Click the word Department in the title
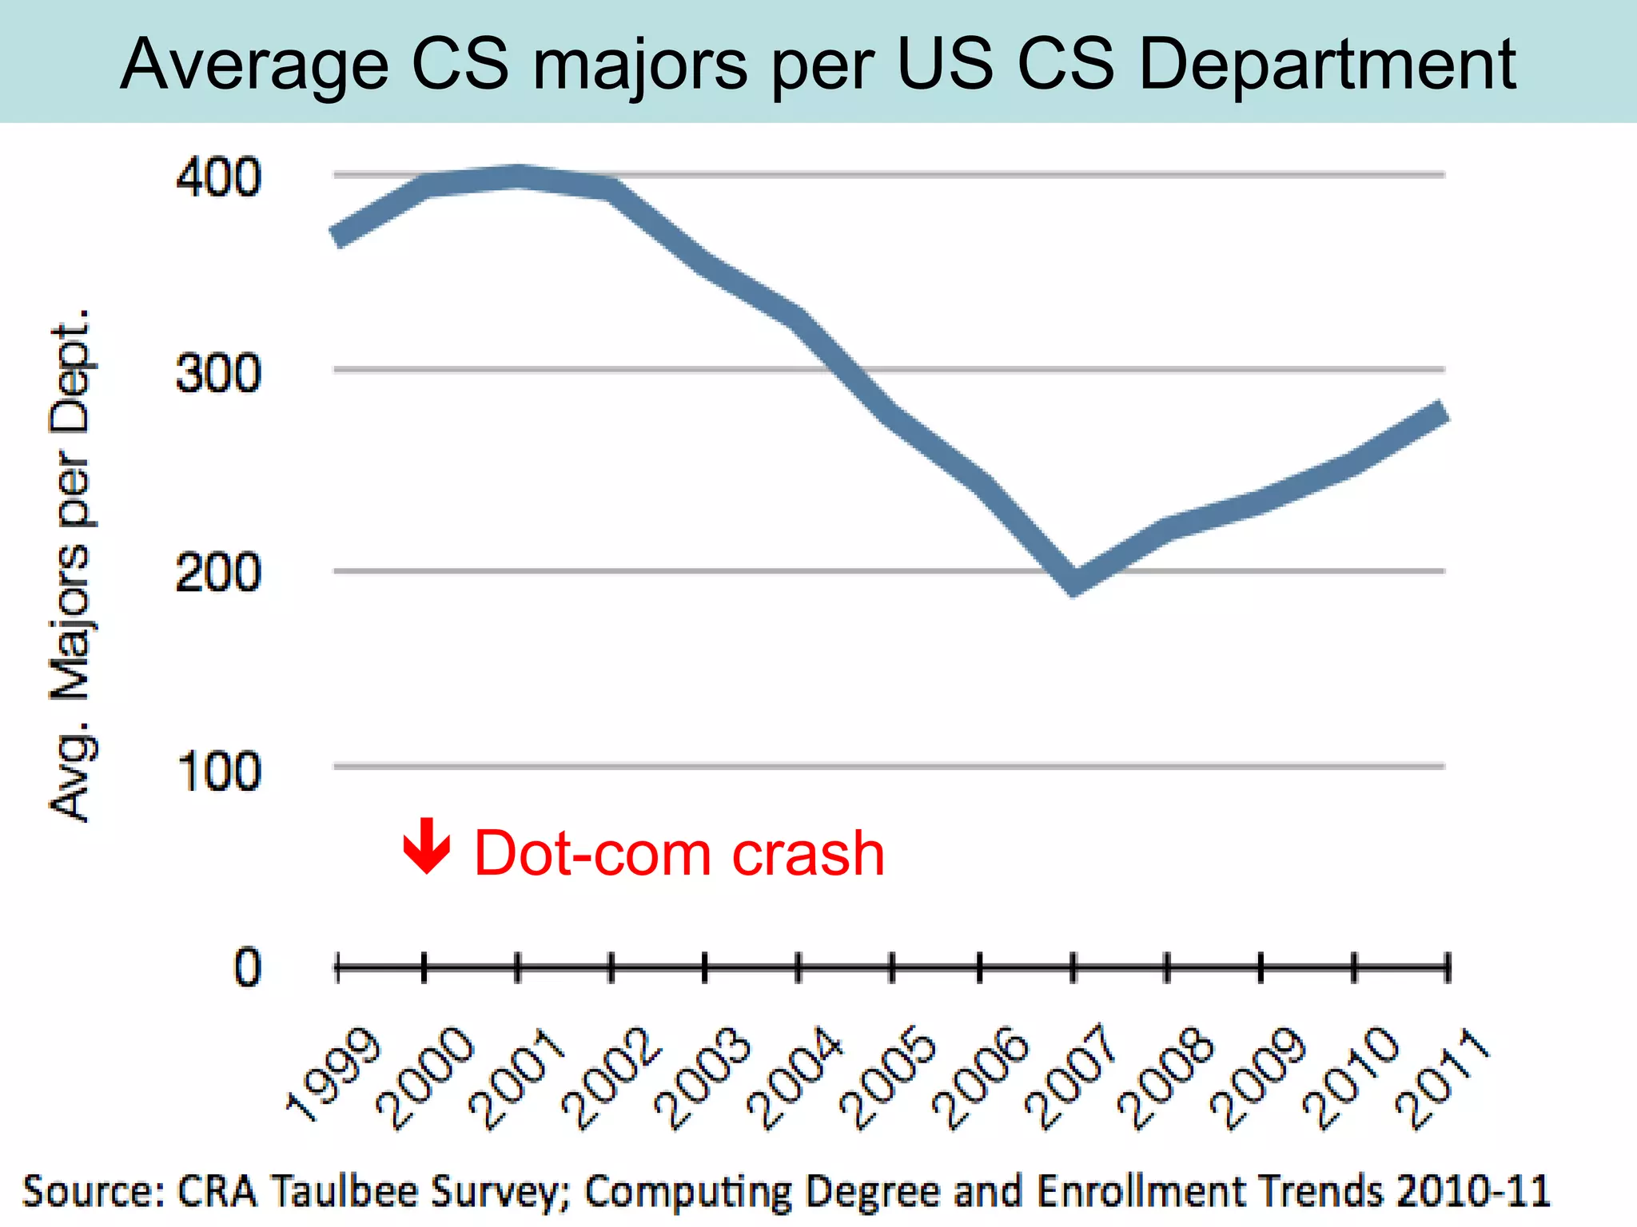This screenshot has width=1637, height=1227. (1327, 64)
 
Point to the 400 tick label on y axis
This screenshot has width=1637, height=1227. (218, 177)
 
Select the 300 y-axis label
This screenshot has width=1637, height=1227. (218, 373)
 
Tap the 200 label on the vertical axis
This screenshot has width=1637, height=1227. (218, 573)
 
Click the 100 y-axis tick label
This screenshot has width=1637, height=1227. (218, 772)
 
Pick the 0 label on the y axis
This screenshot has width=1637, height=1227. (247, 968)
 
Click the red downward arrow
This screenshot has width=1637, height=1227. (427, 846)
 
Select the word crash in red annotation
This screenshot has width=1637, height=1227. (808, 853)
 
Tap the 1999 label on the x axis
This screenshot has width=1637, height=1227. (334, 1074)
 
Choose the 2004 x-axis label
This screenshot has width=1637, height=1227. (795, 1078)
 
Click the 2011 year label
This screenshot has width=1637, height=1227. (1443, 1078)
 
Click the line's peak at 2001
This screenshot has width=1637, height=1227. (518, 176)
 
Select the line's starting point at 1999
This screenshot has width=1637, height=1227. (338, 236)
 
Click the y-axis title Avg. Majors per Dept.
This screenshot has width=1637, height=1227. (72, 565)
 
